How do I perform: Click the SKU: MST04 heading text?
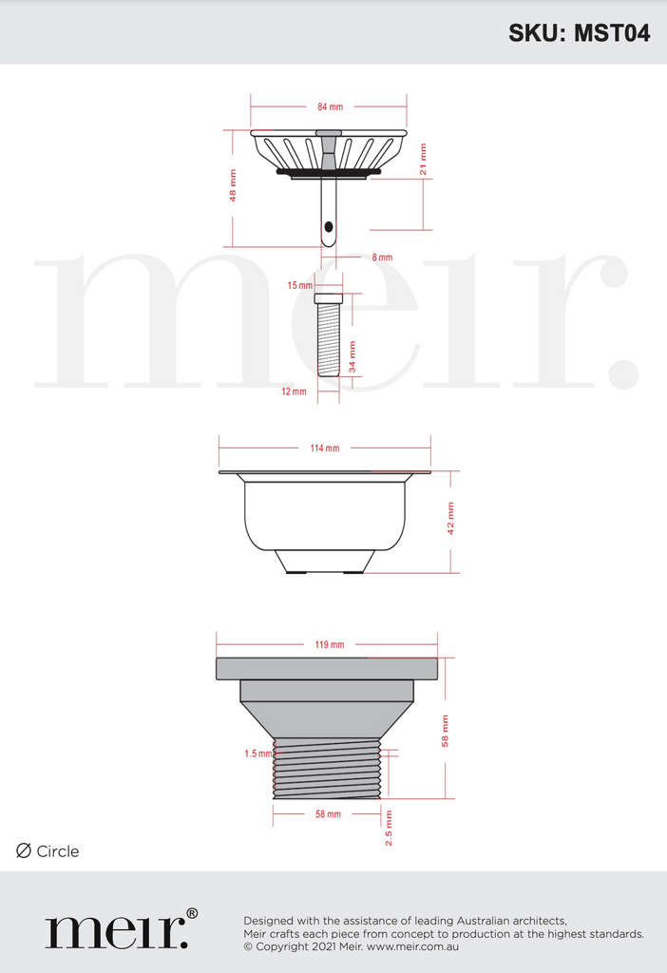click(x=579, y=33)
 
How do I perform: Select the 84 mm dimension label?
click(x=330, y=106)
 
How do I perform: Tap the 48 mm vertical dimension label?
click(x=233, y=184)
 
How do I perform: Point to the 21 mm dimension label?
click(x=424, y=159)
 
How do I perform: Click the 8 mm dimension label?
click(x=382, y=258)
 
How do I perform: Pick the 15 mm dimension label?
click(x=299, y=285)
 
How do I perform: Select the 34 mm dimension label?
click(x=353, y=355)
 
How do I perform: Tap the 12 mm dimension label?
click(x=294, y=391)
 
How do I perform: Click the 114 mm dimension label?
click(x=325, y=448)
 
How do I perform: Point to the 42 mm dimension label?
click(x=450, y=519)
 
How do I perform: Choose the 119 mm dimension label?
click(x=330, y=644)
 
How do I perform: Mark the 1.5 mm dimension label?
click(x=257, y=754)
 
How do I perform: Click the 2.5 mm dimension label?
click(x=389, y=828)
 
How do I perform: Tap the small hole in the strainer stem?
click(x=329, y=228)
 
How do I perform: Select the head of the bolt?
click(x=329, y=298)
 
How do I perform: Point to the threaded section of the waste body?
click(x=327, y=768)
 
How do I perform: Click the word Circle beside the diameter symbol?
click(x=58, y=851)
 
